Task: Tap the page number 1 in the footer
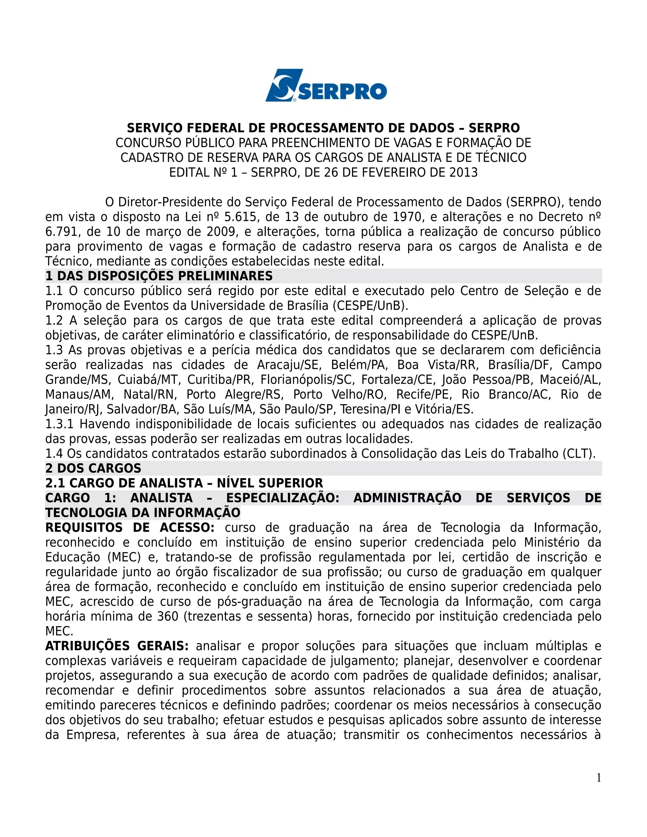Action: pyautogui.click(x=598, y=778)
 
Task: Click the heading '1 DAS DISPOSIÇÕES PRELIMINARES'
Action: pyautogui.click(x=159, y=276)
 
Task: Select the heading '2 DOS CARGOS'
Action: pyautogui.click(x=93, y=468)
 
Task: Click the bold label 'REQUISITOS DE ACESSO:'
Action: pyautogui.click(x=130, y=527)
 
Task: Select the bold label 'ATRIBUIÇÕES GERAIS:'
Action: pyautogui.click(x=117, y=646)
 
